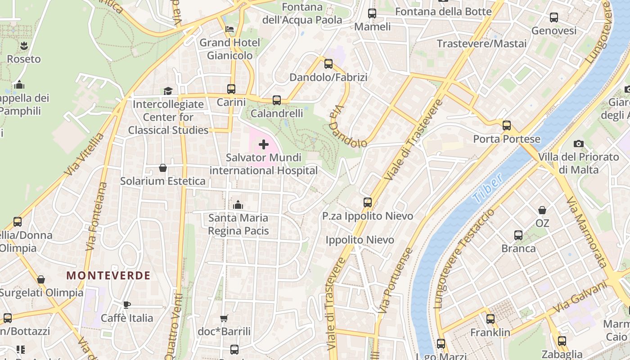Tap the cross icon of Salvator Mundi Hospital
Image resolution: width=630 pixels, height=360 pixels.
point(264,144)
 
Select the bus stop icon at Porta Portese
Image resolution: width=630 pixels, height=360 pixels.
point(507,126)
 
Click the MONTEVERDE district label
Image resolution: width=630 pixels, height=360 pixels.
point(108,276)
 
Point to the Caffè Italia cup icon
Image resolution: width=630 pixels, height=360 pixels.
point(127,305)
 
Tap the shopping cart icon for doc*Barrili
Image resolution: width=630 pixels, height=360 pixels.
point(224,318)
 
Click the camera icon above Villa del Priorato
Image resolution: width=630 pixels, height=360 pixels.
point(579,144)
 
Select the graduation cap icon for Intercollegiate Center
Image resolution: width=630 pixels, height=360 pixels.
point(168,91)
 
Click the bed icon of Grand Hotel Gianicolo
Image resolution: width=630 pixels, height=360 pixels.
point(229,29)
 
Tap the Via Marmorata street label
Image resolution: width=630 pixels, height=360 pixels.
point(587,232)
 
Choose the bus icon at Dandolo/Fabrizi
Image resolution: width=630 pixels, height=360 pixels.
point(328,64)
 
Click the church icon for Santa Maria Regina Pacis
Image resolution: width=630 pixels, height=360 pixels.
point(238,205)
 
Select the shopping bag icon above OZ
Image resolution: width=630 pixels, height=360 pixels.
point(542,210)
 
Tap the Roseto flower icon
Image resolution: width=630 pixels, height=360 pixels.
point(23,45)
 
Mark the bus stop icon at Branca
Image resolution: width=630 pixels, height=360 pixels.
point(518,235)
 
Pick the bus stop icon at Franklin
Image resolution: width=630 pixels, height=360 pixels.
point(490,319)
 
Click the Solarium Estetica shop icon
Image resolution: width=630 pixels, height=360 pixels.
point(163,168)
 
